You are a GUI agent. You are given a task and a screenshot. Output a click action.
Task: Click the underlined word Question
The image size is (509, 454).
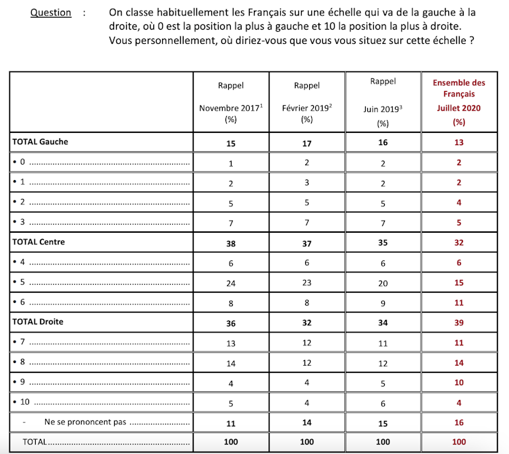51,12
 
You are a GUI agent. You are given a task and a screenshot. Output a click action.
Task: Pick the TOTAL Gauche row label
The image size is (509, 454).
41,142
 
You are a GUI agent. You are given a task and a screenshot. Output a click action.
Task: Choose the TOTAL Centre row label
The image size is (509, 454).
38,242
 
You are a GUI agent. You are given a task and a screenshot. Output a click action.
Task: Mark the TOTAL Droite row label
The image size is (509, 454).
38,322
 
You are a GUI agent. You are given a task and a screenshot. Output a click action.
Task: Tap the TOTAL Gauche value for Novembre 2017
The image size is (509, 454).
231,142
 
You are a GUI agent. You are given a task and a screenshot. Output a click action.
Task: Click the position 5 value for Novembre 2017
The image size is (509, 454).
231,283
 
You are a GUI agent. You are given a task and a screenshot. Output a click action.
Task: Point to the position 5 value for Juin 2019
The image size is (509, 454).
383,283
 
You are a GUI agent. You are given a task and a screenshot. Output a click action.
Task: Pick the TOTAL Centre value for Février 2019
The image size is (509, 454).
307,242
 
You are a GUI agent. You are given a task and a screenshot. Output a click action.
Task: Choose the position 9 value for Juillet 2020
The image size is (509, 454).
459,382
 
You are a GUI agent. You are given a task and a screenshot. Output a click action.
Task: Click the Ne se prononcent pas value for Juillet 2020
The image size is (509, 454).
459,423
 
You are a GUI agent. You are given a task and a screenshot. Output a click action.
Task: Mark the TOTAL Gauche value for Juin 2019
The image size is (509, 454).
383,142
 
